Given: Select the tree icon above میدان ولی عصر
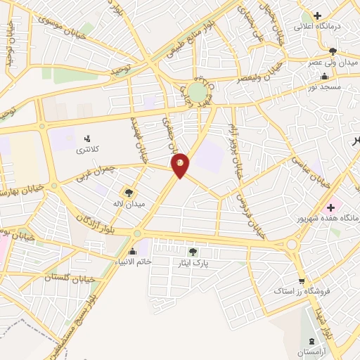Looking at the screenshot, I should [333, 51].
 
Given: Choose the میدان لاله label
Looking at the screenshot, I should [130, 204].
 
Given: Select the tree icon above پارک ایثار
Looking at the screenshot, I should [193, 252].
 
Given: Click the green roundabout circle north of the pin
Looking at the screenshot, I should [198, 93].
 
